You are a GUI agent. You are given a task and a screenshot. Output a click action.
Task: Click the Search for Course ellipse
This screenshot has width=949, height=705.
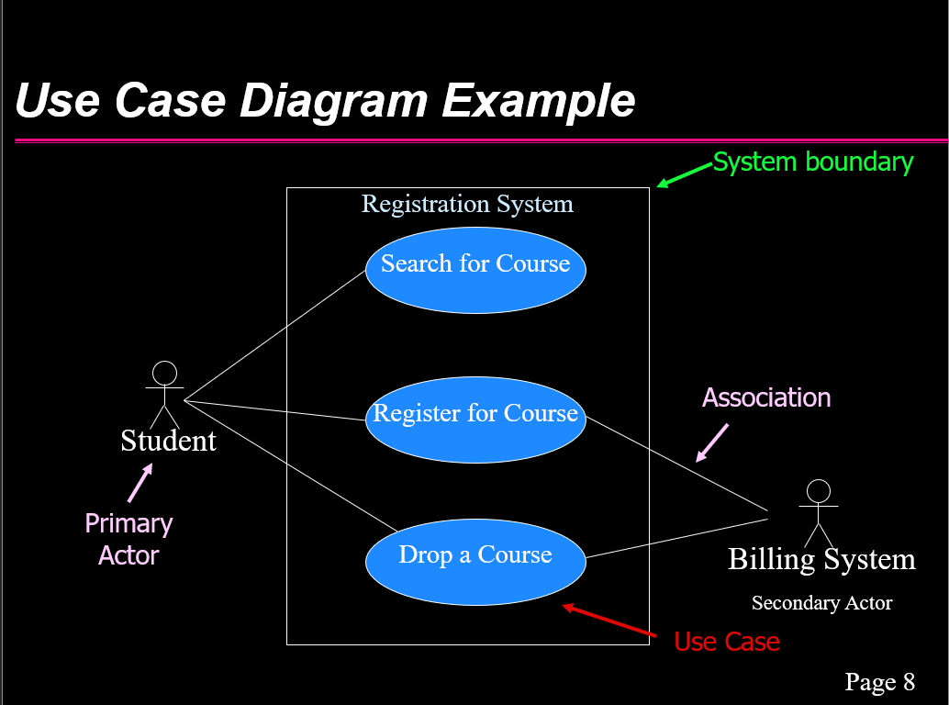pos(475,270)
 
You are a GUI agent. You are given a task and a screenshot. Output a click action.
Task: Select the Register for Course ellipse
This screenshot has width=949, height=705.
pos(475,420)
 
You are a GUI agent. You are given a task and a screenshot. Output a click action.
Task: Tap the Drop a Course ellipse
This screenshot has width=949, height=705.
pos(475,562)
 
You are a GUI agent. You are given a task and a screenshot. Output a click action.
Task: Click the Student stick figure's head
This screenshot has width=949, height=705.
pos(164,374)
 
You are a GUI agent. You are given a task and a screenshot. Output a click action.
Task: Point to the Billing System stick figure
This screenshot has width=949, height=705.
pos(819,513)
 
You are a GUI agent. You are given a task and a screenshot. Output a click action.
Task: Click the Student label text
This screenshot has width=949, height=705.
pos(168,441)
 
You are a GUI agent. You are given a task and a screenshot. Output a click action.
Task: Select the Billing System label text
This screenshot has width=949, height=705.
pos(821,559)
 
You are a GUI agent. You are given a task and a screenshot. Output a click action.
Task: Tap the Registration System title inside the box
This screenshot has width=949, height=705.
pos(467,204)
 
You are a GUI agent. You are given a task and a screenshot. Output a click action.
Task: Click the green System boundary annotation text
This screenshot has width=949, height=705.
pos(813,162)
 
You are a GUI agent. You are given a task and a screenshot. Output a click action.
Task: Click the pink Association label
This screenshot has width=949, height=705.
pos(766,397)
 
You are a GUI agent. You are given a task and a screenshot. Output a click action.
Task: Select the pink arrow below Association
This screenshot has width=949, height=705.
pos(712,443)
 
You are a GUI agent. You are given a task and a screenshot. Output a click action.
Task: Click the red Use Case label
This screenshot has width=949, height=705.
pos(727,642)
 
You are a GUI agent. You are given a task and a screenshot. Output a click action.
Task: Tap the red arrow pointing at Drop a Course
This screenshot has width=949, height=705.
pos(608,621)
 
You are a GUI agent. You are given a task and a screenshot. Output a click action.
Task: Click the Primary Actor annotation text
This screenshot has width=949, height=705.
pos(128,539)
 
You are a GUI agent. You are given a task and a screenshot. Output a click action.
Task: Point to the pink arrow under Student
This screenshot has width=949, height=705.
pos(140,483)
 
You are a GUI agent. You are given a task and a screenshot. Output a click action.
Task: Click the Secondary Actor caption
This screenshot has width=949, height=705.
pos(822,603)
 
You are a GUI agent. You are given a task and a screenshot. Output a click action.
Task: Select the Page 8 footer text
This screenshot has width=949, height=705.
pos(880,681)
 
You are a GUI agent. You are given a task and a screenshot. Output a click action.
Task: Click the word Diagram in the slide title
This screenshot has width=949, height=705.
pos(333,100)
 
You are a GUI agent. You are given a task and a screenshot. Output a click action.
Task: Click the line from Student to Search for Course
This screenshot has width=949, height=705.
pos(274,335)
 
